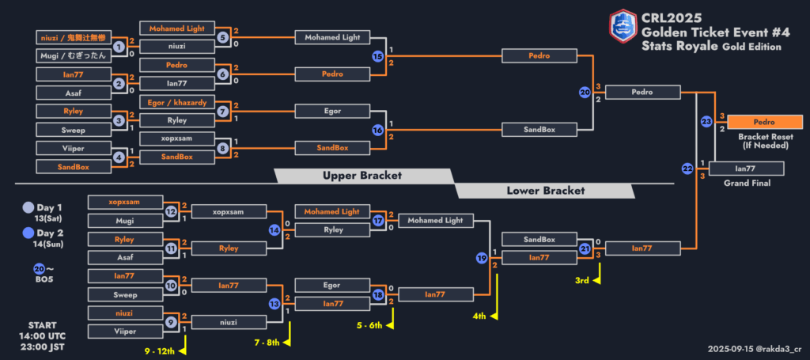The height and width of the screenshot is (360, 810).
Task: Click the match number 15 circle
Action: [x=377, y=56]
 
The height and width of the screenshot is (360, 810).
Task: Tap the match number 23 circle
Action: [x=706, y=121]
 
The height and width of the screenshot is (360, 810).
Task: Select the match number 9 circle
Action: [x=171, y=322]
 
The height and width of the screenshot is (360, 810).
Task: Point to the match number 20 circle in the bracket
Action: [x=585, y=93]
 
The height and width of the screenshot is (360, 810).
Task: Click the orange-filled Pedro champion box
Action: [x=765, y=122]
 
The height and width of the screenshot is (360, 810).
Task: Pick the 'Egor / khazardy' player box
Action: [x=177, y=102]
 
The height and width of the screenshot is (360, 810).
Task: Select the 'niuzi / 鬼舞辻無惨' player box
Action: [x=74, y=37]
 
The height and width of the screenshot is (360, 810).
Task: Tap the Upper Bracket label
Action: [x=362, y=176]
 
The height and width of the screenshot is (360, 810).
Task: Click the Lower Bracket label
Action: [x=546, y=191]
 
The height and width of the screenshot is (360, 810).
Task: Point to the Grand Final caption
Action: [x=747, y=183]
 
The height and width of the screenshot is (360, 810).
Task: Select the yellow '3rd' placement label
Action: [x=582, y=280]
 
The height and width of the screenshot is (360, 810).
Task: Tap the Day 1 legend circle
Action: [x=29, y=207]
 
